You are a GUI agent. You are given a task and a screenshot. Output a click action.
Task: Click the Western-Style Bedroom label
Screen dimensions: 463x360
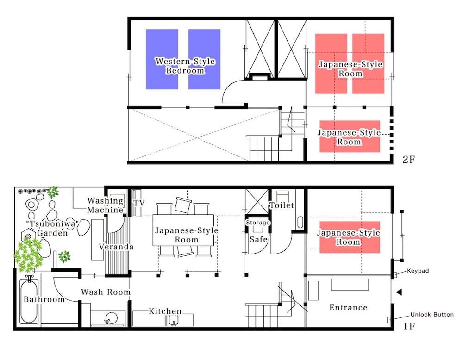coord(185,66)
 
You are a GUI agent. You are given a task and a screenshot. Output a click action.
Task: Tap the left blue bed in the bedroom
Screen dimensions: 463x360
coord(162,59)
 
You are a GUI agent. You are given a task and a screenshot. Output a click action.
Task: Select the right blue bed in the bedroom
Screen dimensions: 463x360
coord(204,59)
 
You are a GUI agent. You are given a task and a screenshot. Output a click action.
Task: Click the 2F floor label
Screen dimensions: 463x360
coord(409,159)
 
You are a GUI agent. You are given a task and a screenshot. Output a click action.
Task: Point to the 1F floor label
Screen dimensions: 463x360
coord(409,326)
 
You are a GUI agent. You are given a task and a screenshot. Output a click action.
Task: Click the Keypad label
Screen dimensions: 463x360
coord(418,271)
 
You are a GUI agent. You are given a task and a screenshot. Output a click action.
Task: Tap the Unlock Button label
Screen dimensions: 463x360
coord(432,314)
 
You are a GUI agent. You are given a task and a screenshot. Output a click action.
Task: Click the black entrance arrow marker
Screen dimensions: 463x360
coord(399,292)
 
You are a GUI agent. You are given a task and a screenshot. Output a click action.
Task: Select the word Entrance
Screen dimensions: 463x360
coord(349,307)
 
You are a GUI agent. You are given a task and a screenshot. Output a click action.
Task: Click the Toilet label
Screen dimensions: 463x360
coord(282,205)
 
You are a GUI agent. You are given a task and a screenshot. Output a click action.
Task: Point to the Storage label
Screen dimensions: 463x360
coord(258,223)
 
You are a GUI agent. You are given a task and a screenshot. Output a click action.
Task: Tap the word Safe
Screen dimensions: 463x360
coord(259,239)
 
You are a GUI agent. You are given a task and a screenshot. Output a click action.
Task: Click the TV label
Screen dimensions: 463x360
coord(139,203)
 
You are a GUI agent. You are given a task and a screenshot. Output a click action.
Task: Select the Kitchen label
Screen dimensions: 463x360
coord(165,311)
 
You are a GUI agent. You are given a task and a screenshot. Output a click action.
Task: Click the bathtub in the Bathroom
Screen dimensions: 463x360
coord(29,300)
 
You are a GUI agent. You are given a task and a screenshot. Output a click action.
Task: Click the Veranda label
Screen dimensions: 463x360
coord(116,247)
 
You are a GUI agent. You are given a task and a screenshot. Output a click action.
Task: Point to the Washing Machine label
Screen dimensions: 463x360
coord(106,205)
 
